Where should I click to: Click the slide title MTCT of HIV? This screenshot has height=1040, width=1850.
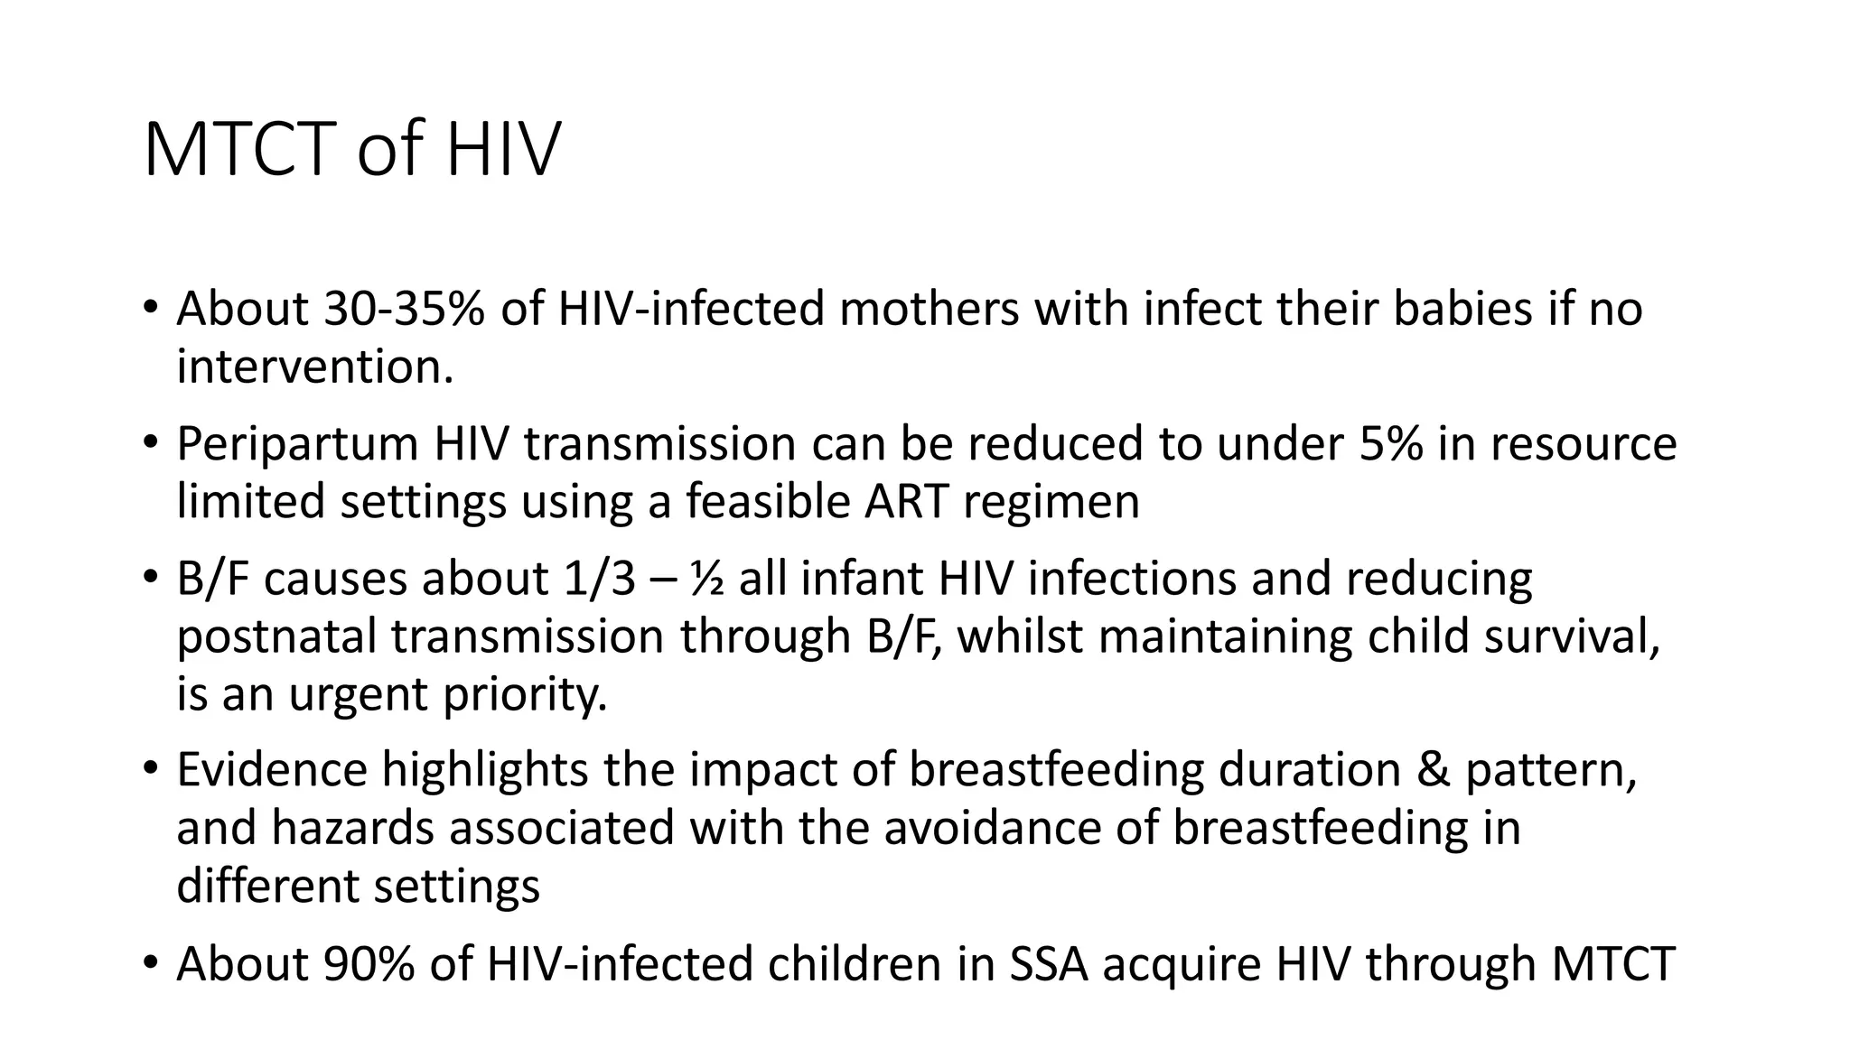351,149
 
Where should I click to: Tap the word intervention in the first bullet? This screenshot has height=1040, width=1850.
314,367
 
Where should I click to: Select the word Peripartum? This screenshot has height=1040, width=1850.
297,444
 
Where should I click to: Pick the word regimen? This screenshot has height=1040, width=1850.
1051,503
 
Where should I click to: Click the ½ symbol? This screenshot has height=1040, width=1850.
705,579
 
